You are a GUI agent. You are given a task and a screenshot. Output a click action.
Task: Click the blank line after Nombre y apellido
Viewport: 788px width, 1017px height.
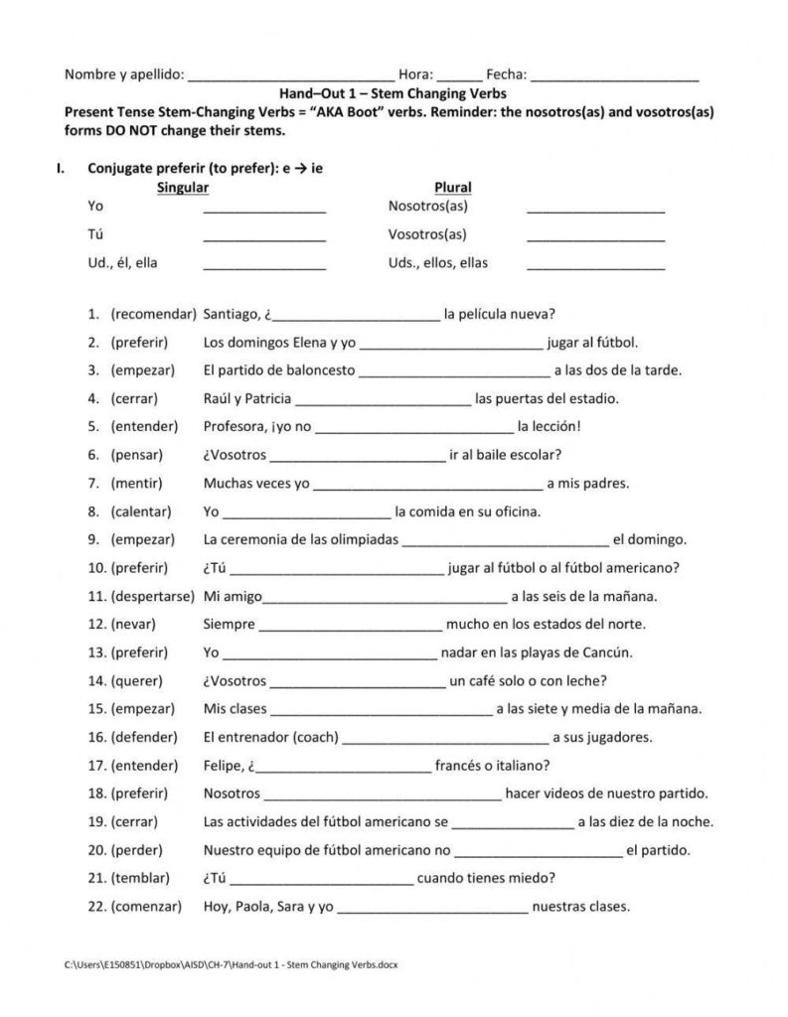click(289, 75)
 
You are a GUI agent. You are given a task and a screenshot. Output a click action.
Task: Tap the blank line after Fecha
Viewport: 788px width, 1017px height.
click(615, 75)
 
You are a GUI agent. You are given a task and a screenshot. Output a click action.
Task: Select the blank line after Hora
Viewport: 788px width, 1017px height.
click(459, 75)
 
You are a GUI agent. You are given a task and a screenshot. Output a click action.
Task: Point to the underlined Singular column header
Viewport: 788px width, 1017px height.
click(183, 187)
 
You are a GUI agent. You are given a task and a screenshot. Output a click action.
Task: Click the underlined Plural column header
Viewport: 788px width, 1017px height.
click(452, 187)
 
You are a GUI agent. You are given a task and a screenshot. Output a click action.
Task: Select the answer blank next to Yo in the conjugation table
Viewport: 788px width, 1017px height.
click(264, 209)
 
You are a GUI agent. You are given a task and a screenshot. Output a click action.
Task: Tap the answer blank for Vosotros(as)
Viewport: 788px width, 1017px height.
click(595, 236)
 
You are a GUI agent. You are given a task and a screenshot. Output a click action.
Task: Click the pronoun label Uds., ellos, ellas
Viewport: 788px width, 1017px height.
click(437, 263)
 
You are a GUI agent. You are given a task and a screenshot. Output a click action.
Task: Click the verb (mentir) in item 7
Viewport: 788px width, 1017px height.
click(139, 485)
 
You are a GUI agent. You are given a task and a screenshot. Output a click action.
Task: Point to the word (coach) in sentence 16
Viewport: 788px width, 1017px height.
click(315, 738)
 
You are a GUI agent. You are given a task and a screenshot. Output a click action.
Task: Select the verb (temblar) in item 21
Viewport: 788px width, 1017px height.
click(141, 879)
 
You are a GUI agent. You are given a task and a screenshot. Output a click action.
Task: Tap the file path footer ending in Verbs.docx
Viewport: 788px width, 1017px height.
click(231, 964)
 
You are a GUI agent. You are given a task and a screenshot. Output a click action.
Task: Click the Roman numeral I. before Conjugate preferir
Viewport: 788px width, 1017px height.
click(61, 168)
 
